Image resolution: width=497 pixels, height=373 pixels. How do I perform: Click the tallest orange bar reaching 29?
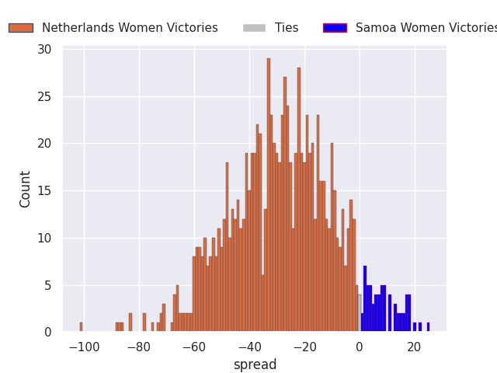[x=269, y=195]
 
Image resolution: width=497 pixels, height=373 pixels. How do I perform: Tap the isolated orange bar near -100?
[x=81, y=327]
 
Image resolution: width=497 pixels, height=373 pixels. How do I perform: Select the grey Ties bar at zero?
[x=360, y=313]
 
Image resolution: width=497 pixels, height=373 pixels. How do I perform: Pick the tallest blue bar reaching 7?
[x=365, y=298]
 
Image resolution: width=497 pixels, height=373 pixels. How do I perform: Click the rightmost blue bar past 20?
[x=428, y=327]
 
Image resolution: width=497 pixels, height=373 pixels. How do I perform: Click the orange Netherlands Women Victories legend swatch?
[x=21, y=28]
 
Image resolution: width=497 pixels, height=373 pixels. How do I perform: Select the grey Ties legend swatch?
[x=254, y=28]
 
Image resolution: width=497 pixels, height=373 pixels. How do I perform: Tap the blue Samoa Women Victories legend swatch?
[x=335, y=28]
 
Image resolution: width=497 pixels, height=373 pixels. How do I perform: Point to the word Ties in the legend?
[x=287, y=28]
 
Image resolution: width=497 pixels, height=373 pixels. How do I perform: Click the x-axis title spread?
[x=255, y=364]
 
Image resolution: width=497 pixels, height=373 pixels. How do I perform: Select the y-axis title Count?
[x=24, y=190]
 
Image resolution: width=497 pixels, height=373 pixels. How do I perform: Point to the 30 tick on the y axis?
[x=44, y=50]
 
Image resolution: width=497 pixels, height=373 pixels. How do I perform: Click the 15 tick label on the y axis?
[x=44, y=191]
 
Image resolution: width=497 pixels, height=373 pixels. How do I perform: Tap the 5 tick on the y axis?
[x=48, y=285]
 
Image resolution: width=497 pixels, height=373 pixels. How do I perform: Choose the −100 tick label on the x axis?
[x=85, y=347]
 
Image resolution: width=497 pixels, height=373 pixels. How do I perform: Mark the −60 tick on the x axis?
[x=194, y=347]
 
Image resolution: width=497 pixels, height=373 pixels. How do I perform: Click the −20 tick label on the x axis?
[x=304, y=347]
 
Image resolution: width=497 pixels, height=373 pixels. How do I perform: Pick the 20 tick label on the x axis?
[x=414, y=347]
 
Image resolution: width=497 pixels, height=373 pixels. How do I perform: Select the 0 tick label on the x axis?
[x=360, y=347]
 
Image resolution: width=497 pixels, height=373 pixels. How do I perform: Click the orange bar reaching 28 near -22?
[x=299, y=200]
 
